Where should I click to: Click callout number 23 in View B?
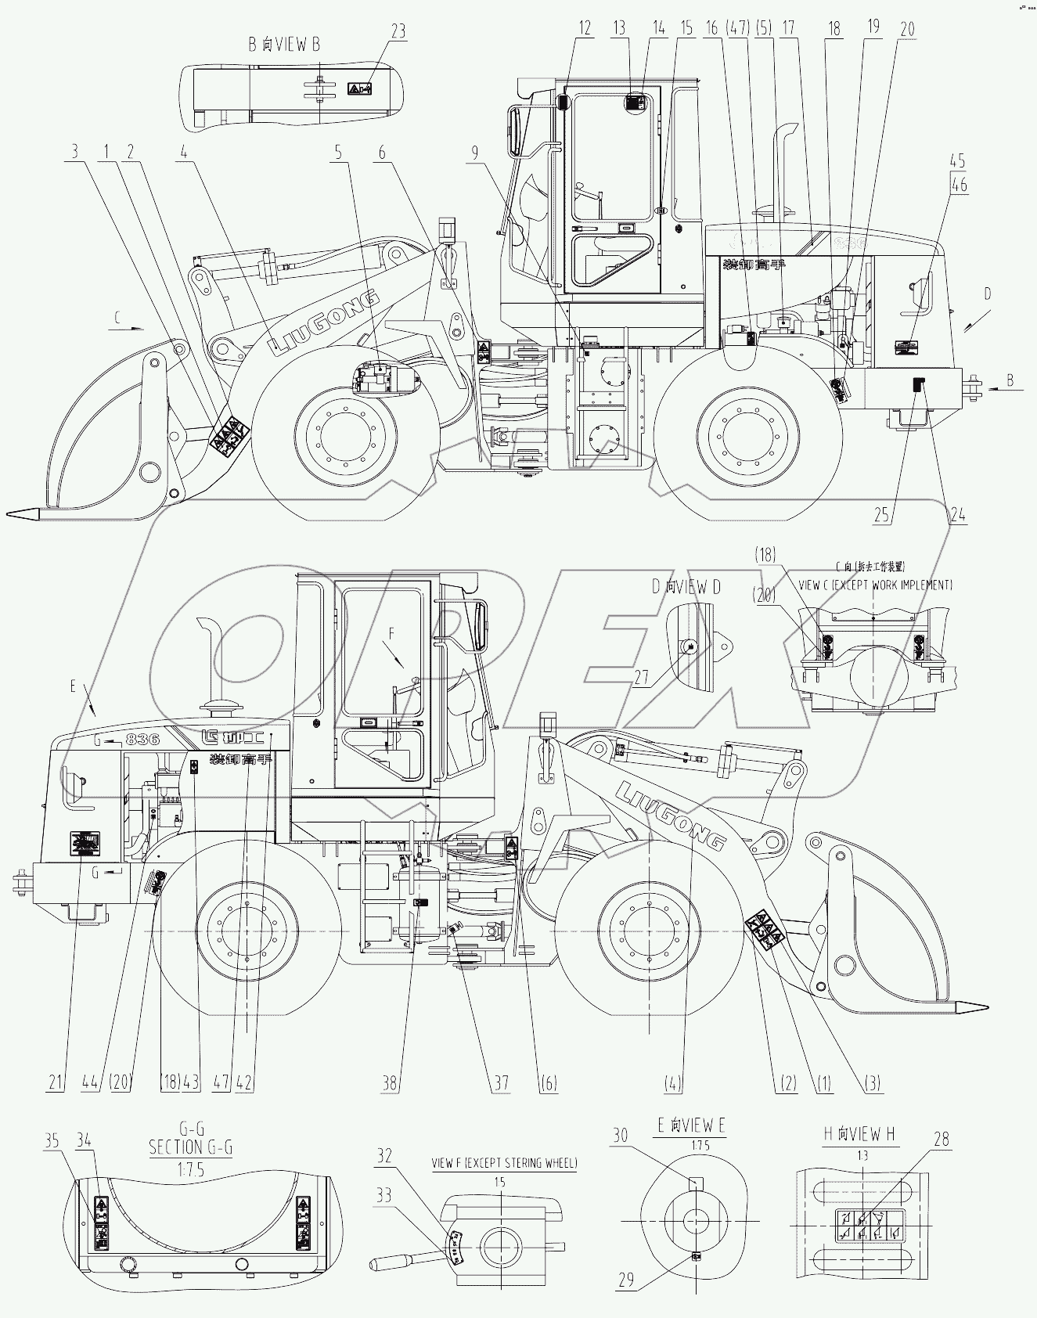[x=399, y=31]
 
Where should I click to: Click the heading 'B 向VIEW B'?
[x=284, y=45]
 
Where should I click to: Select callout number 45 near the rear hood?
[x=958, y=160]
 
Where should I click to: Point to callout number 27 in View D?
[x=642, y=677]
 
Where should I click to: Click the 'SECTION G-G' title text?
[x=190, y=1147]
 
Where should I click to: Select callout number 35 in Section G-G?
[x=52, y=1141]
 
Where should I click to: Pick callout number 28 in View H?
[x=942, y=1139]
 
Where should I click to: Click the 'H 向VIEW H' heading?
[x=859, y=1133]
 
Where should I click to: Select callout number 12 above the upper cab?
[x=585, y=29]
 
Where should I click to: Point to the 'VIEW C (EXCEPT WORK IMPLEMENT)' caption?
[x=874, y=585]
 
